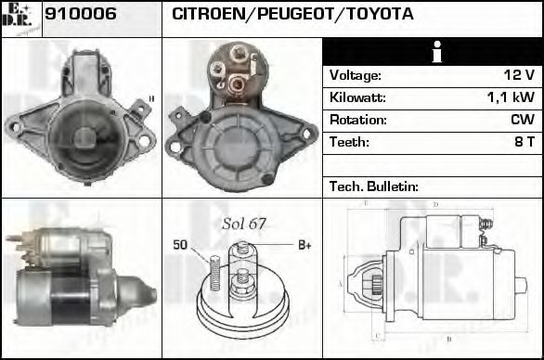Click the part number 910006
click(81, 16)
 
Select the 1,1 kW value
click(514, 97)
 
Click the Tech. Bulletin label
click(374, 186)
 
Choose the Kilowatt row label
click(357, 97)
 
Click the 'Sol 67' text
click(244, 224)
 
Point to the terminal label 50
click(181, 245)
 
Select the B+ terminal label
click(304, 245)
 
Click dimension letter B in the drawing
click(447, 340)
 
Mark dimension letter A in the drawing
click(341, 283)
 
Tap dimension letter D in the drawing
click(435, 204)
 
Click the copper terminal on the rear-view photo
click(237, 84)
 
